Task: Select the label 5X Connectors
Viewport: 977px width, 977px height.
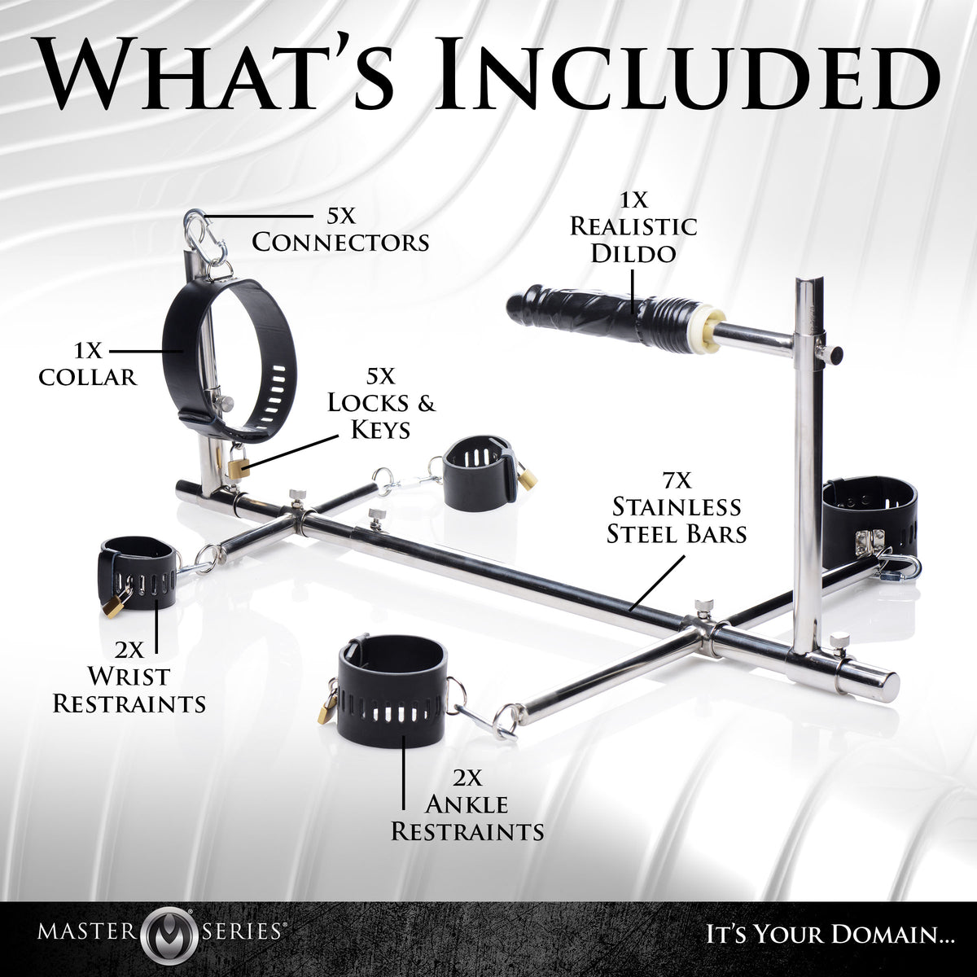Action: point(340,229)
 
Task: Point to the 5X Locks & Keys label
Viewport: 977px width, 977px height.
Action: point(381,403)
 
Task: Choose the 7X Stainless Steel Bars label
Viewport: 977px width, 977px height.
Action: point(677,506)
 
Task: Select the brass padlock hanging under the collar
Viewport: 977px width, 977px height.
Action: point(239,462)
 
